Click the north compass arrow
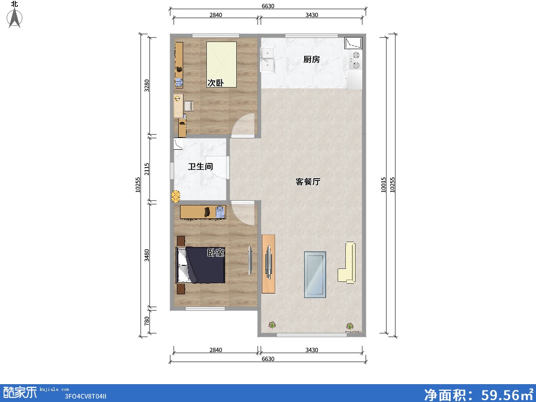tap(14, 18)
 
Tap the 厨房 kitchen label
tap(311, 59)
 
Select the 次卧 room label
tap(215, 83)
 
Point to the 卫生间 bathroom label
tap(201, 167)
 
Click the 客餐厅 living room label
tap(308, 182)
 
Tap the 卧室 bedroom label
tap(216, 253)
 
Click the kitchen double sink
tap(268, 60)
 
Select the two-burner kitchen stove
tap(355, 60)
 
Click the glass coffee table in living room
tap(315, 275)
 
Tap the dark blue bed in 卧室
tap(201, 265)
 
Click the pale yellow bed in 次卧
tap(222, 64)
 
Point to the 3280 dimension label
tap(147, 86)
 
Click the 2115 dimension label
tap(147, 169)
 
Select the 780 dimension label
tap(147, 321)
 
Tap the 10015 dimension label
tap(383, 185)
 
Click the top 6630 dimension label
tap(268, 6)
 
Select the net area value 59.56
tap(499, 395)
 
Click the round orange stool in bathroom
tap(176, 196)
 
